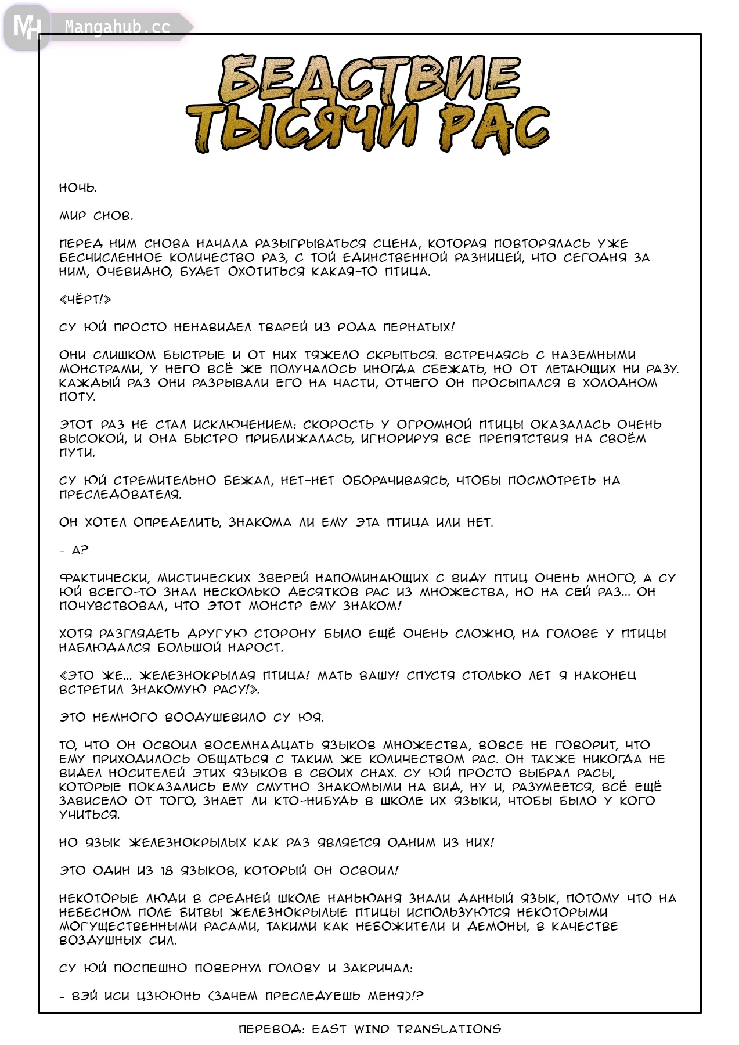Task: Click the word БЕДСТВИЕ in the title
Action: [370, 78]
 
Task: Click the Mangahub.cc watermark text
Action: [117, 27]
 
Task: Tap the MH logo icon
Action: [27, 27]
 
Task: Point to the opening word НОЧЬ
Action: [78, 188]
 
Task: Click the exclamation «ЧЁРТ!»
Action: [85, 300]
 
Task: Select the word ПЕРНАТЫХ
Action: [419, 327]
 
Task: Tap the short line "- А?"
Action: [74, 550]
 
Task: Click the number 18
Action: [167, 871]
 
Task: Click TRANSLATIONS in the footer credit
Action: [449, 1029]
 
